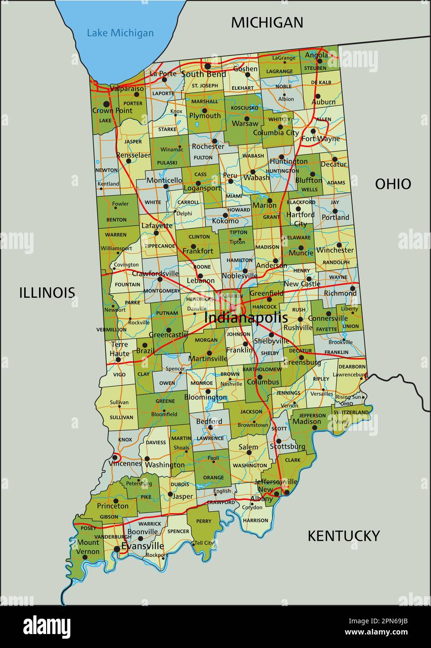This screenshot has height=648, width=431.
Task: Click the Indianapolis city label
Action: [246, 317]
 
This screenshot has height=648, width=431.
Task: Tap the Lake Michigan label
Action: [120, 33]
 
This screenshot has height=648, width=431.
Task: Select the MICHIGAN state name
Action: [267, 22]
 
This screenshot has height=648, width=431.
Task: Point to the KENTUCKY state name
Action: [343, 536]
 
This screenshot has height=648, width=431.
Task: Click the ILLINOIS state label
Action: [47, 292]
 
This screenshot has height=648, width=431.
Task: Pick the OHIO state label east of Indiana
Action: [393, 184]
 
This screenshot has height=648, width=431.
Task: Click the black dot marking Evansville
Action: [116, 549]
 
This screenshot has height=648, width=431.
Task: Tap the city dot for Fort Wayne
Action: [314, 131]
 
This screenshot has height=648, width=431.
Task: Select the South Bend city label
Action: [204, 74]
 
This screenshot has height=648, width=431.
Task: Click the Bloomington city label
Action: [205, 398]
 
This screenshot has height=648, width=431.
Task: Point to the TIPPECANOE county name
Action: [160, 246]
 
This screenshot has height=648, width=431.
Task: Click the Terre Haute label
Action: [119, 349]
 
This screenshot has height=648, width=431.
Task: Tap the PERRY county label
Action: [204, 521]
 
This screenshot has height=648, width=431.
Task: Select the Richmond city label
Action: [340, 293]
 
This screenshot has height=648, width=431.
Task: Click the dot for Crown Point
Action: [106, 104]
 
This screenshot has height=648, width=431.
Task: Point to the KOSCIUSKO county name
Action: [245, 108]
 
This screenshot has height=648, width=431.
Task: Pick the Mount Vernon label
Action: [88, 547]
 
